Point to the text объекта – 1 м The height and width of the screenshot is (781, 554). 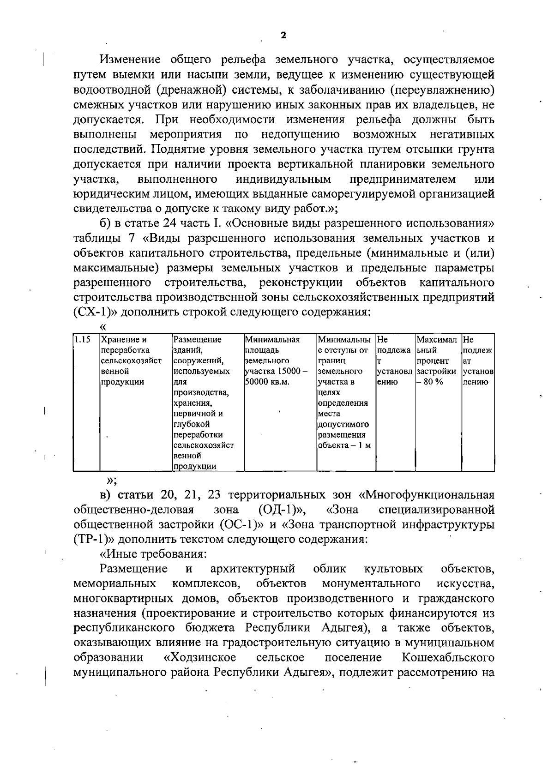[x=344, y=445]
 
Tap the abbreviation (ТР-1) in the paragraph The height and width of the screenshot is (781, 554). [x=90, y=539]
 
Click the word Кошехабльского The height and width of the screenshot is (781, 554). [x=448, y=657]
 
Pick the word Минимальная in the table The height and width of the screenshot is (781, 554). [x=272, y=340]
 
